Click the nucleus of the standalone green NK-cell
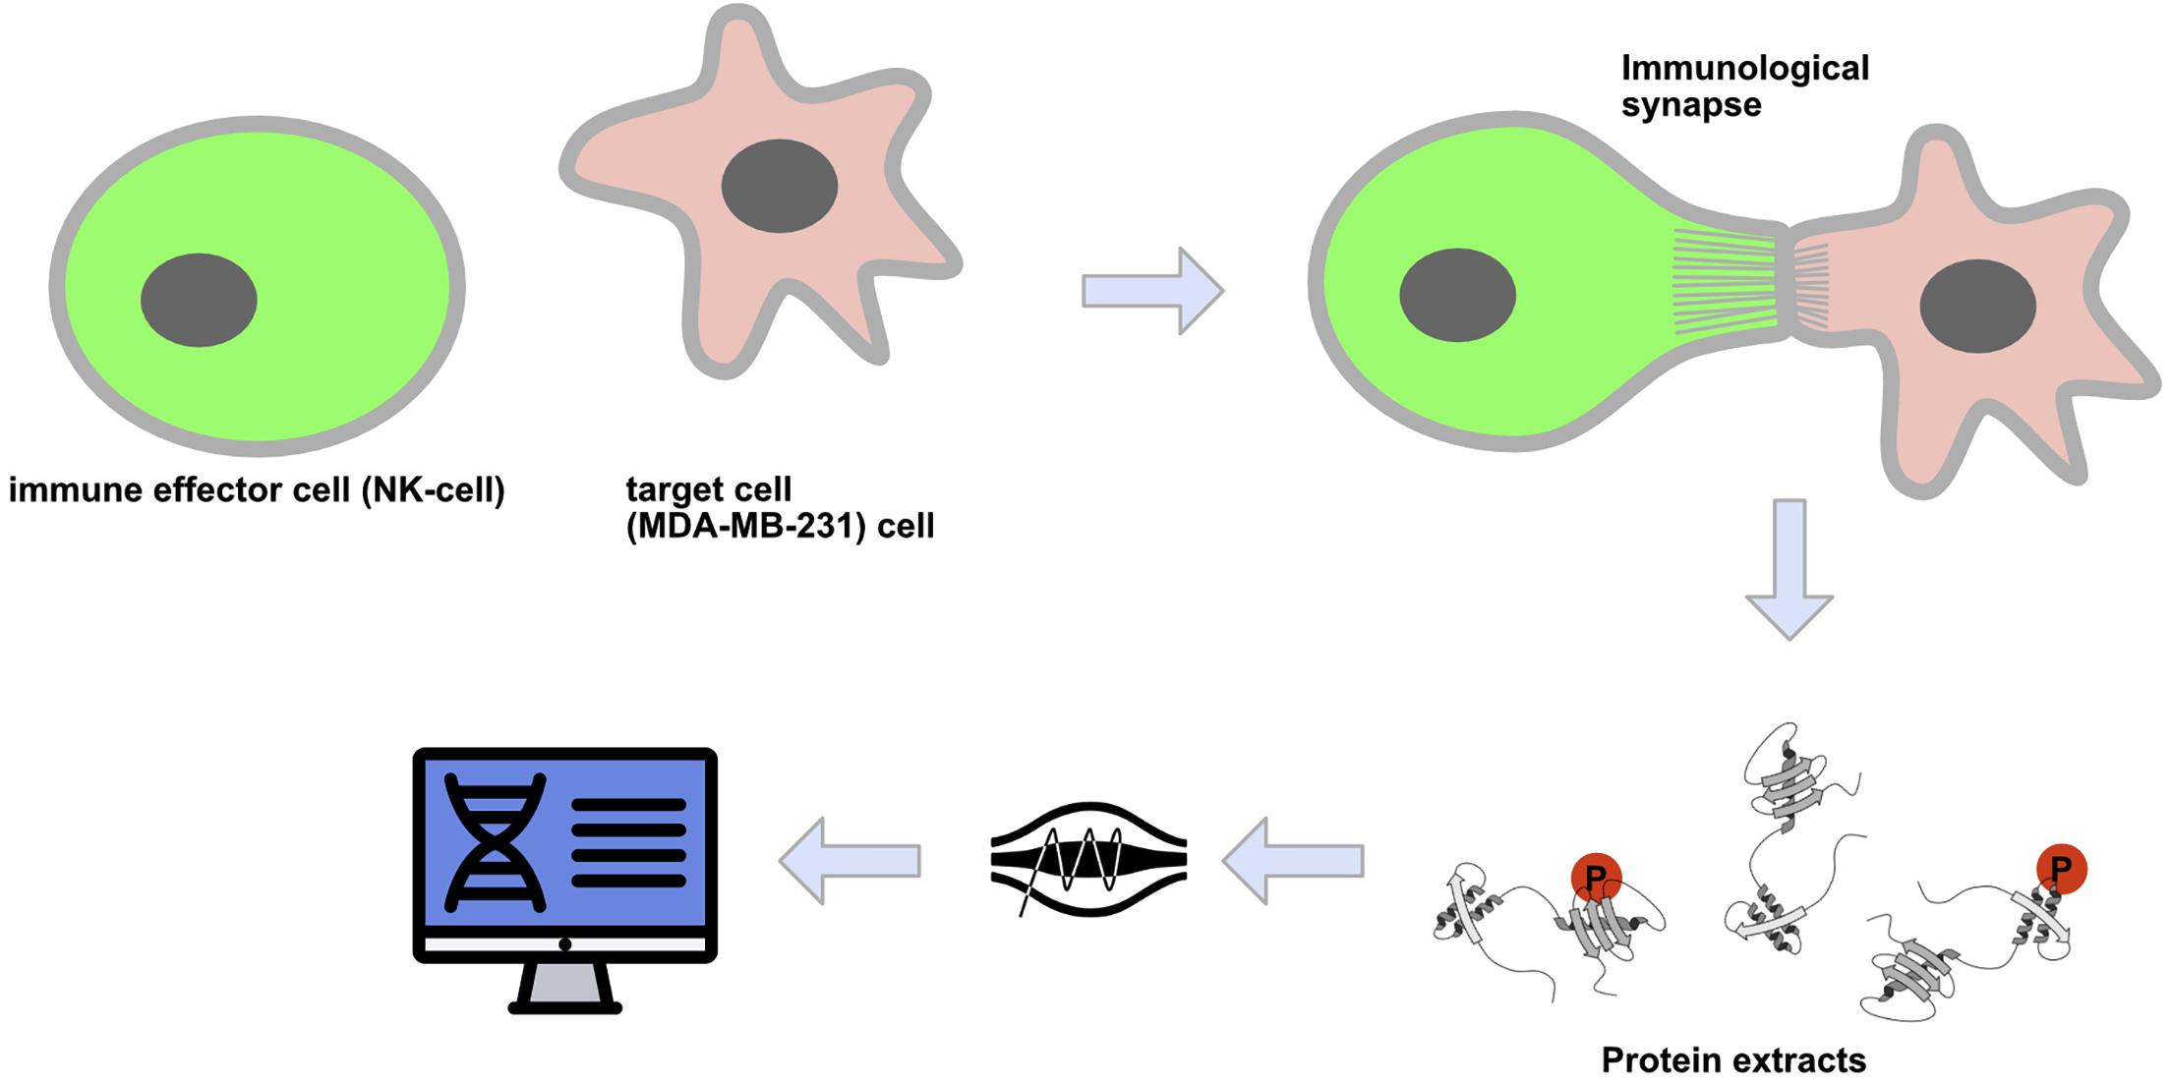199,300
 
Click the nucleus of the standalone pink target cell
779,186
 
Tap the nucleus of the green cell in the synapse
1457,295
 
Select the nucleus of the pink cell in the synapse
1977,306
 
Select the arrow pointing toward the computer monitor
851,861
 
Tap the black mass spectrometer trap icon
1088,860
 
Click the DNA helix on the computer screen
495,842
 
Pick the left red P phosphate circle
1595,877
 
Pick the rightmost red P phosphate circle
2061,869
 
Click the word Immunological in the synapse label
1744,68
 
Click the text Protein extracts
1732,1059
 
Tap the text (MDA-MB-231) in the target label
746,527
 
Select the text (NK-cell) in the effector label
433,489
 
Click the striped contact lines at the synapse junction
1750,282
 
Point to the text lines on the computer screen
628,842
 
